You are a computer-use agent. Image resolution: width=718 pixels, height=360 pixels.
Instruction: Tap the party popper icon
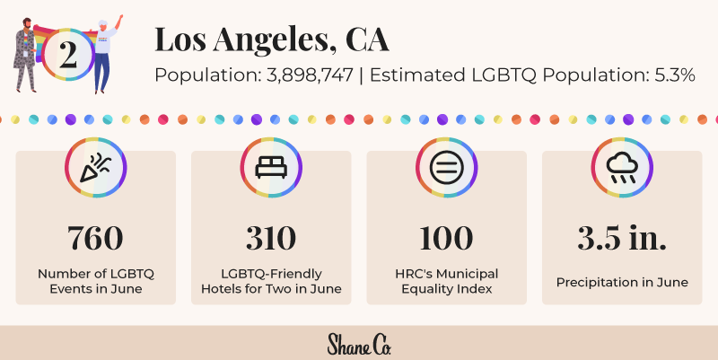tap(95, 168)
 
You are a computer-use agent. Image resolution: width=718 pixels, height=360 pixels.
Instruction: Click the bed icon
tap(270, 168)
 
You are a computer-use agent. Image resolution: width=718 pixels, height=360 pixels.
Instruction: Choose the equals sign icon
tap(446, 168)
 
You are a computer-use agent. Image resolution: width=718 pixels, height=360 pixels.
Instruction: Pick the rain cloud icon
tap(621, 168)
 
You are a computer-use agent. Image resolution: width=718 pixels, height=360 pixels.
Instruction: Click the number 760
tap(95, 238)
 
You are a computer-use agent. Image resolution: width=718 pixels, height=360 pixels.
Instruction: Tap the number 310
tap(270, 238)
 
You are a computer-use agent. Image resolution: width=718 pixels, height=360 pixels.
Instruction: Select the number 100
tap(446, 238)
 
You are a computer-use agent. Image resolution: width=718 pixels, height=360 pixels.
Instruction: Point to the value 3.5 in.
tap(621, 238)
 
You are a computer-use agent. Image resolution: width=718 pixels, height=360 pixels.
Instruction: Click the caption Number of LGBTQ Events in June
tap(95, 281)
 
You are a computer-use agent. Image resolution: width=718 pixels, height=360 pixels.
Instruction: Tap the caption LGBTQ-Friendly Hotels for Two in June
tap(270, 281)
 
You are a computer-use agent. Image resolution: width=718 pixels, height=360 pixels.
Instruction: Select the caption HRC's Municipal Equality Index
tap(446, 281)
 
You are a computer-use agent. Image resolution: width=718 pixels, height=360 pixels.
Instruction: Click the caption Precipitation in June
tap(621, 282)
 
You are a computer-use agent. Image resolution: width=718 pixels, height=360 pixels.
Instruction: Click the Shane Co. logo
tap(359, 344)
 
